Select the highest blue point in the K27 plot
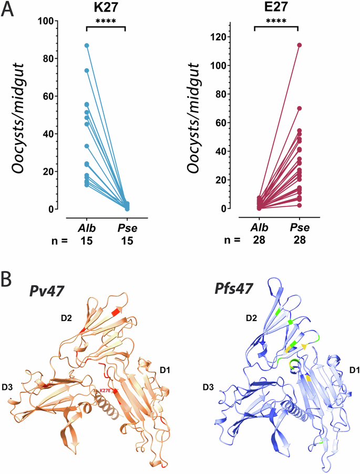point(87,46)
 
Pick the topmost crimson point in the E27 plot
point(299,45)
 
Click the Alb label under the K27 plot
point(87,228)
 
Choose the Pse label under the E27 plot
point(299,228)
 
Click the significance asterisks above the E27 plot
point(276,22)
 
